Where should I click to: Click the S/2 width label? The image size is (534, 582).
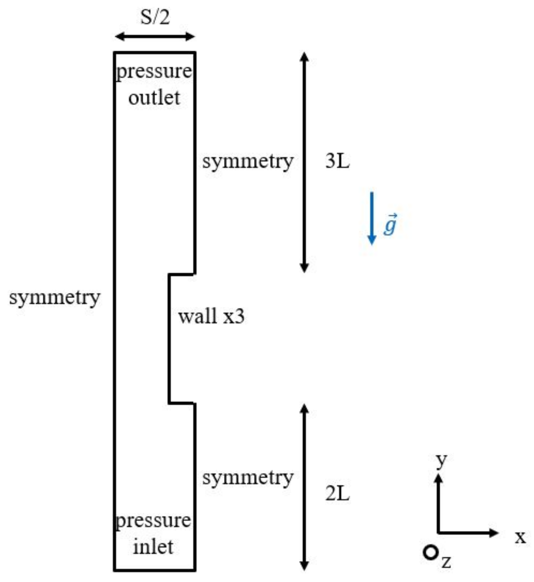point(155,17)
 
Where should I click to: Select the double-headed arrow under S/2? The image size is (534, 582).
point(155,36)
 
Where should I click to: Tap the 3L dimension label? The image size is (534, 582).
point(337,161)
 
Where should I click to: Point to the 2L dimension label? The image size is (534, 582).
point(337,494)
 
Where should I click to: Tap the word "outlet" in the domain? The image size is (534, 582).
point(154,98)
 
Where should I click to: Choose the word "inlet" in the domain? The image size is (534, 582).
point(153,547)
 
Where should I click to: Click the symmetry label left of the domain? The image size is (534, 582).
point(55,298)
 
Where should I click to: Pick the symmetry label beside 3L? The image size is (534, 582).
point(248,162)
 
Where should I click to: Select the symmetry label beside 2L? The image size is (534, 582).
point(248,478)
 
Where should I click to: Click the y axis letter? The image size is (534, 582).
point(441,461)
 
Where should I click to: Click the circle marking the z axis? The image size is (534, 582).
point(430,553)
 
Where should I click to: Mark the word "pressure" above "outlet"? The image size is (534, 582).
point(154,72)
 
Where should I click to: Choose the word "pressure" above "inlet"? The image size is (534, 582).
point(153,521)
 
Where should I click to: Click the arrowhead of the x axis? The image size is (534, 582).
point(494,533)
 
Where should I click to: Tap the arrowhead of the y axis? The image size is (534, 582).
point(439,479)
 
